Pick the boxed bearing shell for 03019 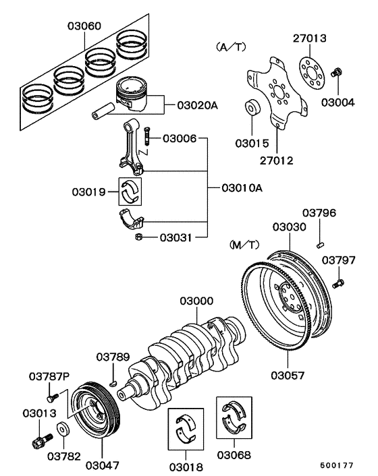(132, 191)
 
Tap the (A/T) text (232, 47)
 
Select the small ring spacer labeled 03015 (252, 107)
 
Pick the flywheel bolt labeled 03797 (339, 281)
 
